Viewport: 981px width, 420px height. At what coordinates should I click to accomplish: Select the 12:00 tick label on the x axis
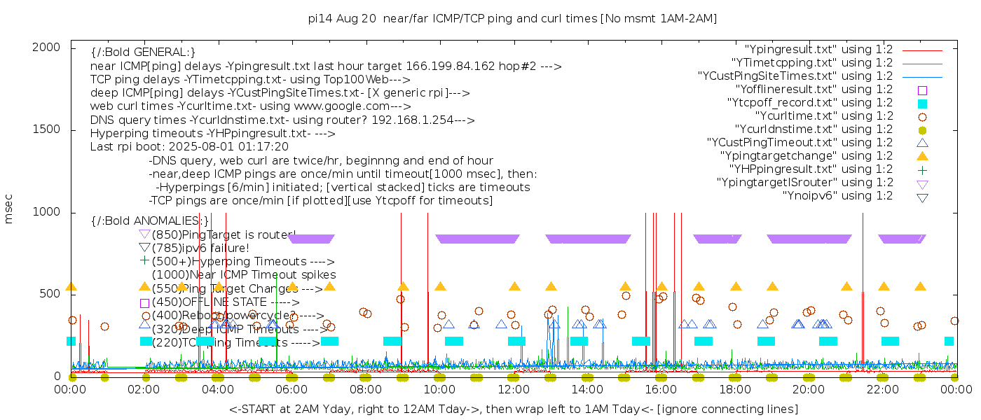[x=513, y=389]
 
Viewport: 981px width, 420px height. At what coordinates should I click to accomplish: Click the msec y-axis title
[x=9, y=209]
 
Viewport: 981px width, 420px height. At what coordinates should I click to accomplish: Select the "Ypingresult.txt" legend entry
[x=818, y=50]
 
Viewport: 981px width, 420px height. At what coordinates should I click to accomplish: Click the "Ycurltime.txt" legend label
[x=823, y=116]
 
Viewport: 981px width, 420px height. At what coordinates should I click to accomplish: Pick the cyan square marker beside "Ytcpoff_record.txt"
[x=922, y=104]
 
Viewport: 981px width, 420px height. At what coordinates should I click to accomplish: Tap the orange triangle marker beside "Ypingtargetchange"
[x=922, y=156]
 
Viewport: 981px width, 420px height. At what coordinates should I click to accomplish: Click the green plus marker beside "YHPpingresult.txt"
[x=922, y=169]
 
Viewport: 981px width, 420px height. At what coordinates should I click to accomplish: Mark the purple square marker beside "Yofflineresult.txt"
[x=922, y=90]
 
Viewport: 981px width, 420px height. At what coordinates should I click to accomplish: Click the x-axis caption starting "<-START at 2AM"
[x=513, y=409]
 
